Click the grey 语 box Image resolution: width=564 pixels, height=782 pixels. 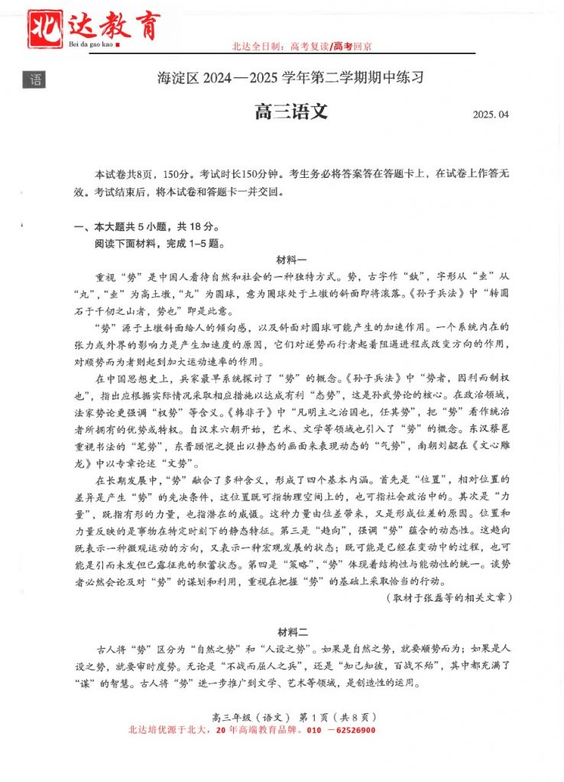[x=34, y=79]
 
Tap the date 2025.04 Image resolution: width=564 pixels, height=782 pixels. [x=490, y=115]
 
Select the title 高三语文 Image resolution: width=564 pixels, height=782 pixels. [x=290, y=112]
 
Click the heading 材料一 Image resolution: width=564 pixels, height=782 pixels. [x=291, y=260]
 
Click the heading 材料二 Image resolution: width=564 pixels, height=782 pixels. [x=291, y=632]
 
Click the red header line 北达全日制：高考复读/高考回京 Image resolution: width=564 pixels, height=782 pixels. [x=302, y=47]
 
